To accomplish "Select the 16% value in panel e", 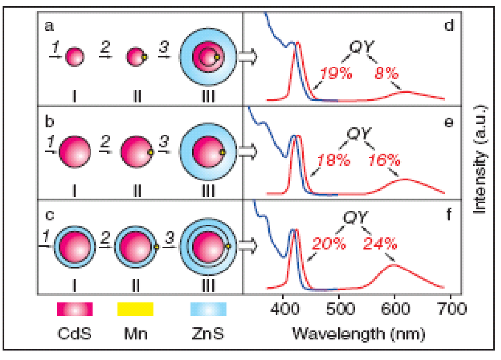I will [x=385, y=160].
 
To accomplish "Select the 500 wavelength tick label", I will [x=339, y=309].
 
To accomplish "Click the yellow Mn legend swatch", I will [x=135, y=310].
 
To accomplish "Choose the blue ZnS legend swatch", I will [x=208, y=310].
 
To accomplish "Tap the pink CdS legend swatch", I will [x=75, y=310].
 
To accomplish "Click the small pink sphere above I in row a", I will [x=75, y=57].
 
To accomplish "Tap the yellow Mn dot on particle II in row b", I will [x=151, y=153].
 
